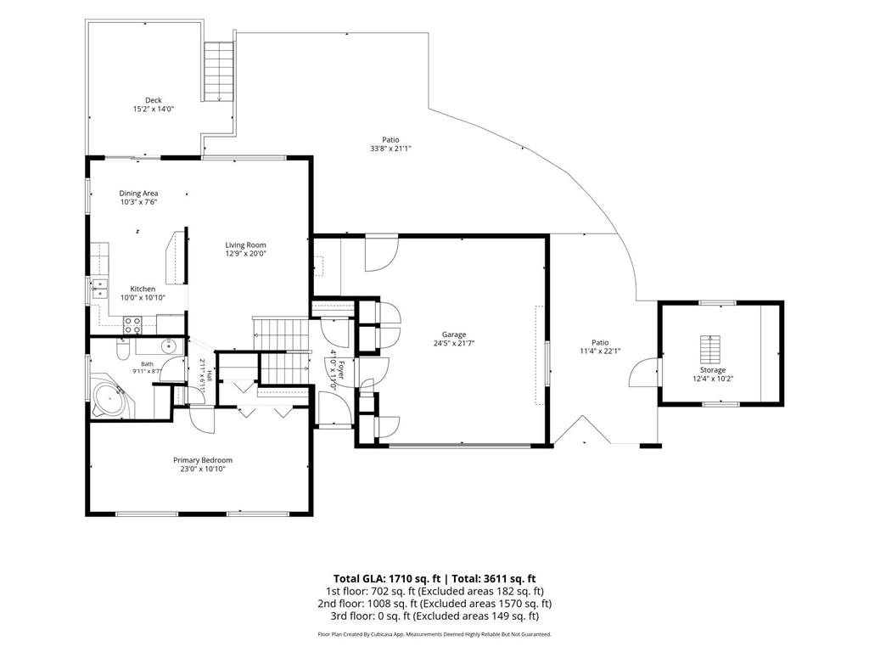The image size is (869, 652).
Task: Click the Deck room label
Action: point(154,100)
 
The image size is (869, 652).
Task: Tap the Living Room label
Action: point(245,245)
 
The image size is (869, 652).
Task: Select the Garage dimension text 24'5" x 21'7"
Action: point(454,343)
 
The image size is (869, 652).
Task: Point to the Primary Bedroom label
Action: point(203,460)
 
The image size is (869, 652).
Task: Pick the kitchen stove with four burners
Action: point(132,325)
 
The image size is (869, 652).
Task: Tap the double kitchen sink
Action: point(100,289)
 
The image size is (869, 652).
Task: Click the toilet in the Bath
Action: point(123,350)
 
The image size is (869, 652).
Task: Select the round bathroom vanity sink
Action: point(169,346)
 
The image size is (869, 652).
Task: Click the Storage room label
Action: point(713,370)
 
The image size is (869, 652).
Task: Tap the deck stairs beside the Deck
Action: point(220,71)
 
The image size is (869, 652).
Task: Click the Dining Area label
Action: point(138,194)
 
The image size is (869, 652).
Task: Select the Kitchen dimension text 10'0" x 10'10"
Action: point(143,298)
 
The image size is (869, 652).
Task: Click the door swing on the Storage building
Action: point(643,373)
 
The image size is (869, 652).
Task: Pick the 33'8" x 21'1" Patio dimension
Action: point(390,149)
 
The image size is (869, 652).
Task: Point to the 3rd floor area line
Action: point(434,616)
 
